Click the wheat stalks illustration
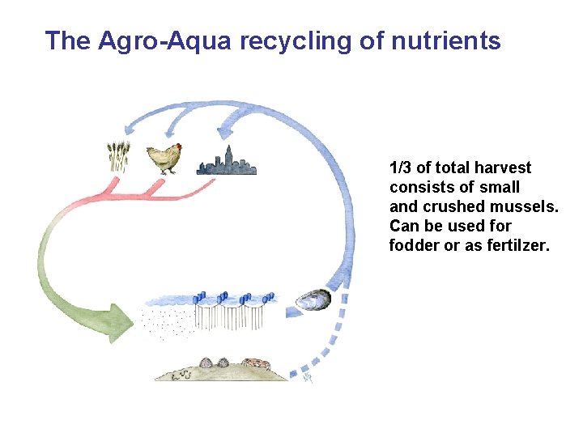pos(118,157)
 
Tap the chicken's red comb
pos(177,146)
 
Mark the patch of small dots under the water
pos(166,318)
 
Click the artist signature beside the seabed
pos(308,376)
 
